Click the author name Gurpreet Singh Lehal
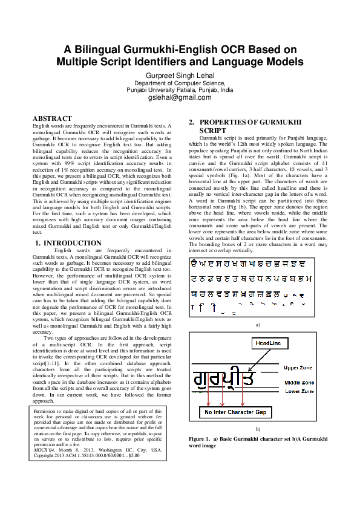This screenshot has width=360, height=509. click(x=180, y=75)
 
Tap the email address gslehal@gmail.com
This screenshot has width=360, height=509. click(x=180, y=97)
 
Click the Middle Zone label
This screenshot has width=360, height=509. click(x=300, y=383)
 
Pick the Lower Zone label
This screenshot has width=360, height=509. click(x=299, y=391)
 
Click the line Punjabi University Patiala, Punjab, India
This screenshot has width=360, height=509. click(x=180, y=89)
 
